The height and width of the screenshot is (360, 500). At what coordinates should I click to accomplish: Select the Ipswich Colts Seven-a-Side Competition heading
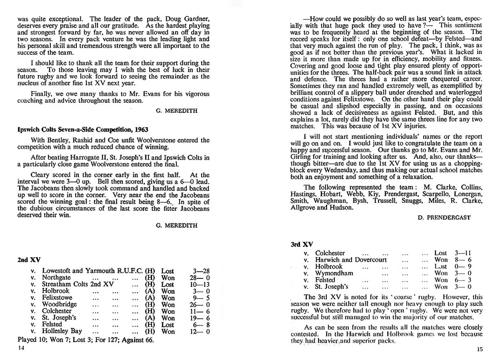coord(83,129)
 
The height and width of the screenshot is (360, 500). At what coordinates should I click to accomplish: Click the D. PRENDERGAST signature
coord(445,218)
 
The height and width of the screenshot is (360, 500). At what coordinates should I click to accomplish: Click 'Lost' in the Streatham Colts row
coord(168,284)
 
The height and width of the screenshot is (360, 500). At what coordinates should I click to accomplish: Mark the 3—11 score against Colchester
coord(463,253)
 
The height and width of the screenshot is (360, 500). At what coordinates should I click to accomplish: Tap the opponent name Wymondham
coord(335,273)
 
